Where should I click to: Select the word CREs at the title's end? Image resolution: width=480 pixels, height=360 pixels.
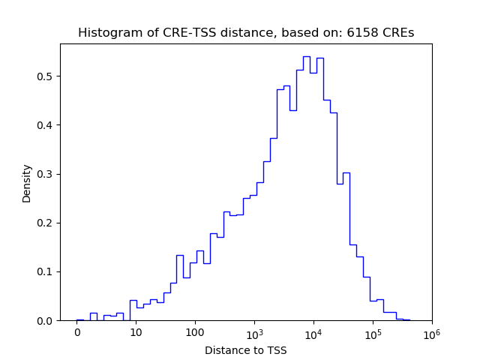coord(397,33)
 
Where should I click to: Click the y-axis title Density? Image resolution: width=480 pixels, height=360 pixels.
coord(27,183)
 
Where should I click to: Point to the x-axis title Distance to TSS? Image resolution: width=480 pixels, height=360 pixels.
coord(246,350)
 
